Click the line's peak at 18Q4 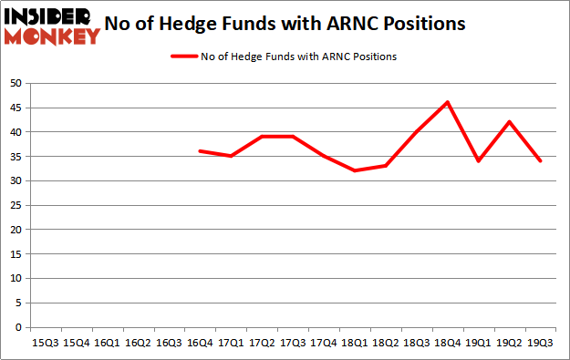pos(447,102)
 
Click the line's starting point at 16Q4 pos(199,151)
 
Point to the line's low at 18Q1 pos(354,170)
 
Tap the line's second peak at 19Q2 pos(509,122)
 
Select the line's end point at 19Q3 pos(541,161)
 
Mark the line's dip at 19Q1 pos(478,161)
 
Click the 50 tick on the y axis pos(16,83)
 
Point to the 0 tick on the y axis pos(19,327)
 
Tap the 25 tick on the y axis pos(16,205)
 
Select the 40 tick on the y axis pos(16,132)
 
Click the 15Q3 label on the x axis pos(43,343)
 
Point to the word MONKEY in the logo pos(52,36)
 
